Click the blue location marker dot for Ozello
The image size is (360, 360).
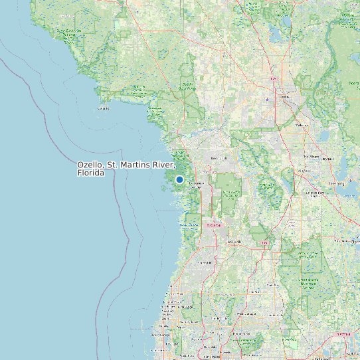tap(179, 179)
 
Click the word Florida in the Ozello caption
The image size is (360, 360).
tap(91, 173)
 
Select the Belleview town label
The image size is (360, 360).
tap(302, 124)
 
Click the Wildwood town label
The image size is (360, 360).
tap(305, 170)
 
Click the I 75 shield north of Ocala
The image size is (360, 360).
tap(274, 80)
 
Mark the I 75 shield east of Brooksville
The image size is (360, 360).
tap(264, 243)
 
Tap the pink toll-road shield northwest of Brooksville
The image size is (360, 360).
tap(213, 225)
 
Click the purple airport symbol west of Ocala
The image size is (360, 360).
tap(267, 100)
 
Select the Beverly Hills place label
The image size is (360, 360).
tap(218, 159)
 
